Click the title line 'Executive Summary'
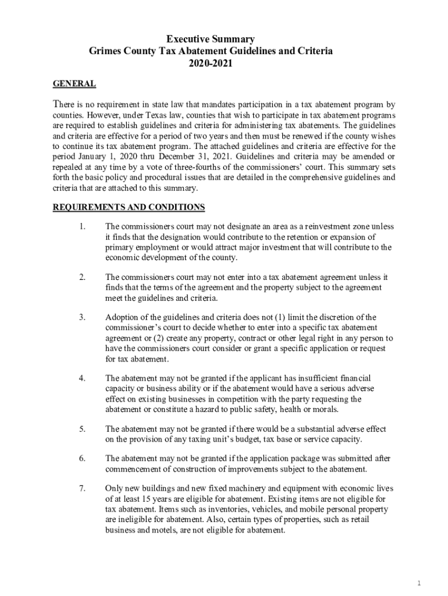[210, 40]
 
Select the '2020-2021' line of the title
[210, 63]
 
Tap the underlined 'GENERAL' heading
[74, 84]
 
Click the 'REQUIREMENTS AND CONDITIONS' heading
[129, 207]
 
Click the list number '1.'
[83, 226]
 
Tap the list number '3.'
[83, 317]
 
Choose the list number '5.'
[83, 430]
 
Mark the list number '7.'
[83, 488]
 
